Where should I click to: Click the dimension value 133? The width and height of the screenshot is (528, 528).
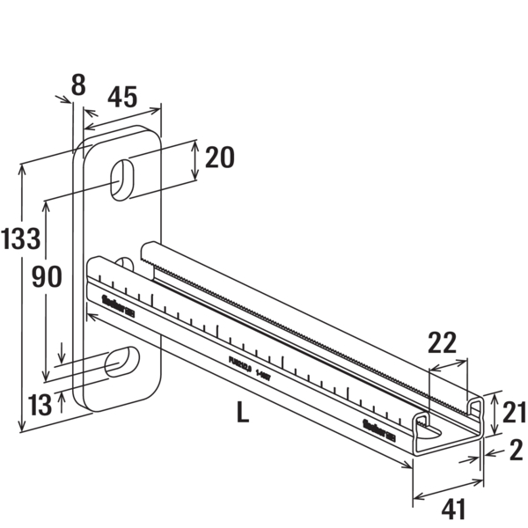coord(22,237)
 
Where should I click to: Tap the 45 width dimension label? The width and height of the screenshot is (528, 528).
coord(122,97)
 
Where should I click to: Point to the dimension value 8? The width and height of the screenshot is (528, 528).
coord(78,84)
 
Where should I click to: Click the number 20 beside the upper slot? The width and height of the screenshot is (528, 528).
coord(219,158)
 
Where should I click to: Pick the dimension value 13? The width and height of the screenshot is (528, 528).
coord(39,406)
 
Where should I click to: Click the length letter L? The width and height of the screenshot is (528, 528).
coord(242,411)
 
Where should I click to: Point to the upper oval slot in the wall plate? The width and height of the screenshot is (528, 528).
coord(122,175)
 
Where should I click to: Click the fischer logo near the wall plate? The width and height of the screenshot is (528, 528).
coord(117,308)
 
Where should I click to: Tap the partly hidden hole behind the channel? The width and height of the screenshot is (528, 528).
coord(124,262)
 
